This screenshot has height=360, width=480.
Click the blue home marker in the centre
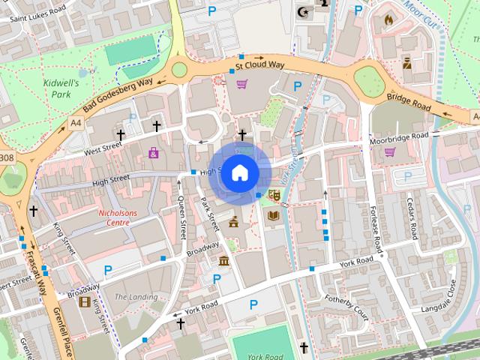pyautogui.click(x=239, y=173)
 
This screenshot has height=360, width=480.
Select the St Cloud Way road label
pyautogui.click(x=259, y=66)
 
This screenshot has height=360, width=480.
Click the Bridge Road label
pyautogui.click(x=409, y=103)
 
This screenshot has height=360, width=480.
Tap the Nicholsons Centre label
pyautogui.click(x=120, y=217)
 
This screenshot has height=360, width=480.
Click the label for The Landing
pyautogui.click(x=136, y=297)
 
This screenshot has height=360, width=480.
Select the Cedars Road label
pyautogui.click(x=412, y=217)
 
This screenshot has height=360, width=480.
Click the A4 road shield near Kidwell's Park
pyautogui.click(x=75, y=121)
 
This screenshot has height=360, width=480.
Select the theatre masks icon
pyautogui.click(x=273, y=194)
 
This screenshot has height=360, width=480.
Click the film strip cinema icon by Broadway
pyautogui.click(x=84, y=301)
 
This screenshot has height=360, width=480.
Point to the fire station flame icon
pyautogui.click(x=388, y=20)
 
